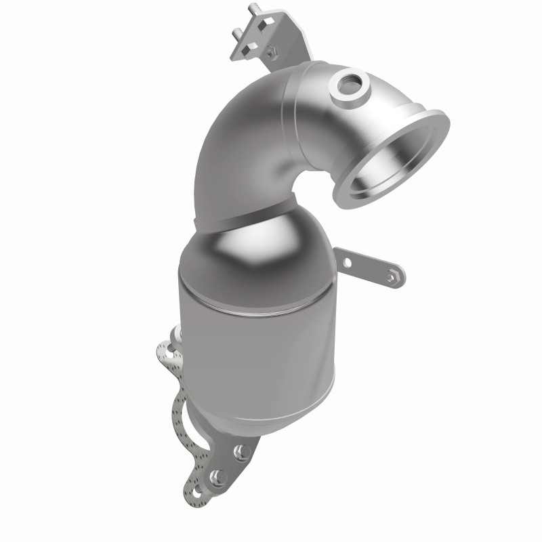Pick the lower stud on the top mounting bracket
(236, 33)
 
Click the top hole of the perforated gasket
(169, 353)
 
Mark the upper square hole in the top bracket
(266, 22)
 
